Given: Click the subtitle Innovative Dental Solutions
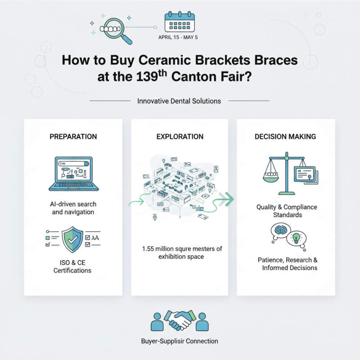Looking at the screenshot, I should pos(179,101).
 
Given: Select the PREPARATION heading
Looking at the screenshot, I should pos(72,136).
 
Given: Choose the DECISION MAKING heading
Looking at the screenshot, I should pos(285,136).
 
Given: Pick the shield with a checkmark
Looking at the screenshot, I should pos(72,239).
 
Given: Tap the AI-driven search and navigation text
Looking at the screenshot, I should pos(72,207).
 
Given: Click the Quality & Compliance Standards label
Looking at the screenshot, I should pos(287,211).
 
